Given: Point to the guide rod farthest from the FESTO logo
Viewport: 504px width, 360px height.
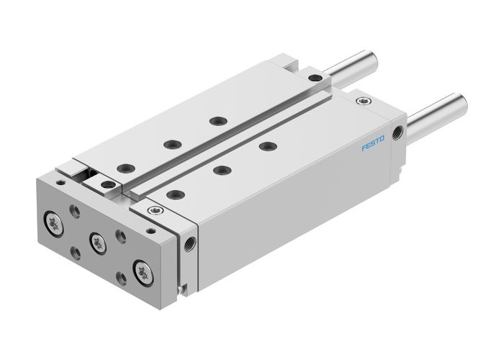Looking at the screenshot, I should pyautogui.click(x=352, y=66).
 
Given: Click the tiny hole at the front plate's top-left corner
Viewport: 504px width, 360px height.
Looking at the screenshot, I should pyautogui.click(x=60, y=183).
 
